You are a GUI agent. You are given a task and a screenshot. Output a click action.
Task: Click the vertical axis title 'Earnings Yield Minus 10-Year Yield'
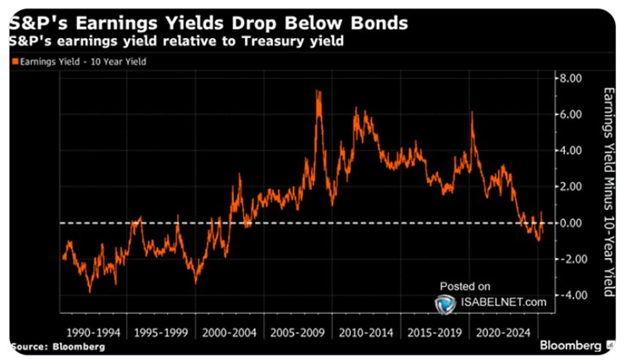(x=604, y=190)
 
